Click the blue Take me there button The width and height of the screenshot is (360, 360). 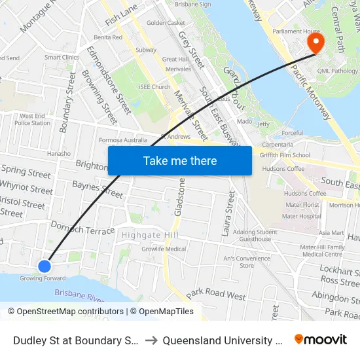(180, 160)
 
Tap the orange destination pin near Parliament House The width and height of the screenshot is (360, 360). (315, 43)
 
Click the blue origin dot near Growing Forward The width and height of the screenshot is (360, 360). (45, 266)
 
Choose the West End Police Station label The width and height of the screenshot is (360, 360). (32, 119)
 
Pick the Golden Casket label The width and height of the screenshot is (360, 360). (166, 23)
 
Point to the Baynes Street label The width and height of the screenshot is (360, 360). (97, 190)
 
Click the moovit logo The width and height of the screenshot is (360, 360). (321, 339)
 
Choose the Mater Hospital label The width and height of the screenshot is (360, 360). (301, 216)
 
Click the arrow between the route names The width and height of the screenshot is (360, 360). (151, 340)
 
